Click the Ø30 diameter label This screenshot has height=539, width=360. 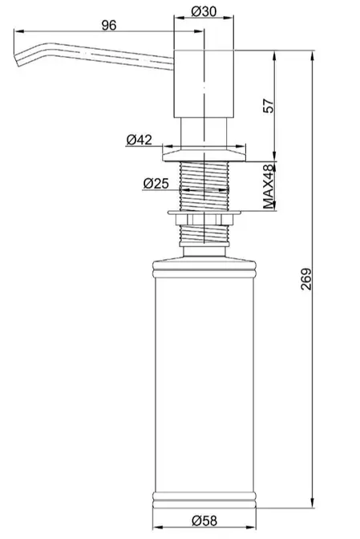coord(204,12)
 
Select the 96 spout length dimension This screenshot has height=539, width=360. coord(109,25)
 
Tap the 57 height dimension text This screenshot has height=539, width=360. coord(269,106)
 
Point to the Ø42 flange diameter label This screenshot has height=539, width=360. coord(140,140)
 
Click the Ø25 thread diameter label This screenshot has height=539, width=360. coord(156,184)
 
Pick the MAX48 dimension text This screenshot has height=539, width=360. coord(269,187)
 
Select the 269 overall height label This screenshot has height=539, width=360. coord(306,279)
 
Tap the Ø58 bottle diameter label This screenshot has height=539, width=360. coord(204,521)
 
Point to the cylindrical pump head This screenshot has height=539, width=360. coord(204,84)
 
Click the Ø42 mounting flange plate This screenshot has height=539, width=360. coord(204,155)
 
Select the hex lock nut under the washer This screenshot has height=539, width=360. coord(204,219)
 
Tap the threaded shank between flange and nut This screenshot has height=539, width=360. coord(204,186)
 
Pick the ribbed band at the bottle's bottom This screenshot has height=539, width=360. coord(204,500)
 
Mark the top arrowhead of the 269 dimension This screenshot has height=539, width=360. coord(313,55)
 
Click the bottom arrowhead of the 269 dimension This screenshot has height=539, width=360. coord(313,503)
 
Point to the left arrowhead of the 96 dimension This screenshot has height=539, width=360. coord(18,31)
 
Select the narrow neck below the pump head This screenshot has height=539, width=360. coord(204,133)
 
